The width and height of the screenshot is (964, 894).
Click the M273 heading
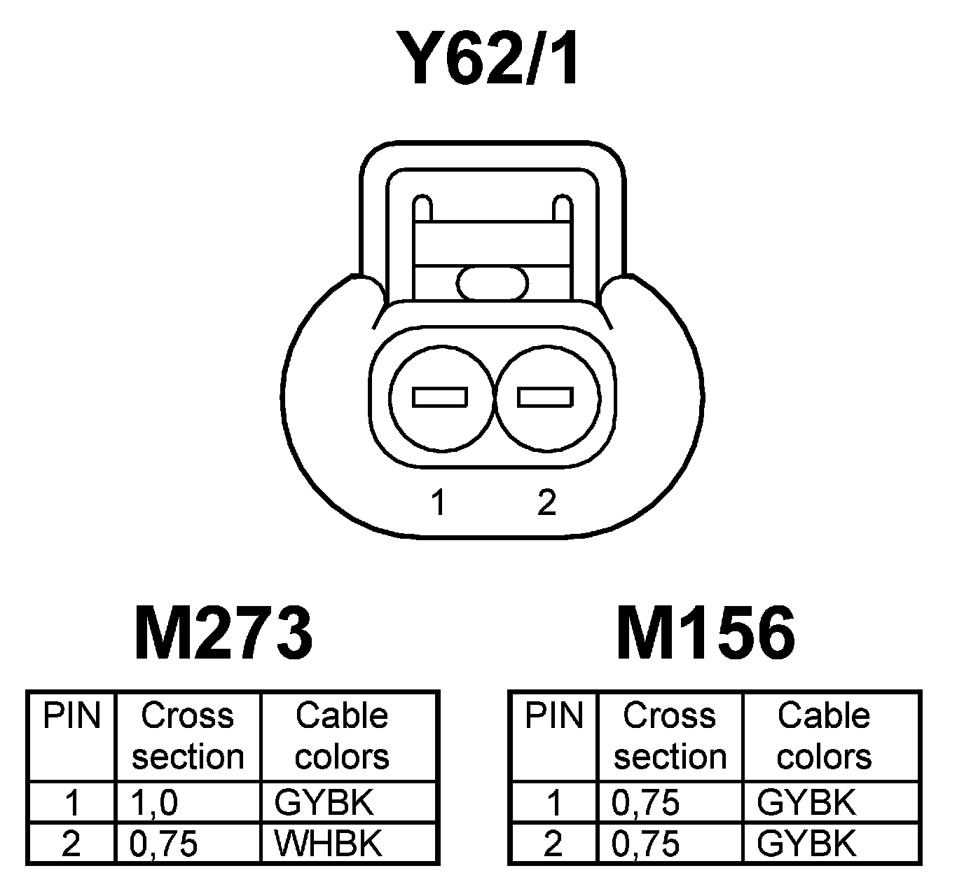pos(223,634)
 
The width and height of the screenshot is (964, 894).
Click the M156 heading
pos(705,634)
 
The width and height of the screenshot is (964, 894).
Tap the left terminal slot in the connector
pos(440,397)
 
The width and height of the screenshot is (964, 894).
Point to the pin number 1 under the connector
pos(439,502)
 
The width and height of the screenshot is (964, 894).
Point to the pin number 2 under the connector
pos(546,502)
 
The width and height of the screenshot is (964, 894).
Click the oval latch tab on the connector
pos(492,284)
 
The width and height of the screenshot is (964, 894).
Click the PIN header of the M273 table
pos(71,716)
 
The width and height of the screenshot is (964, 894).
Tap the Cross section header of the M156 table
pos(670,736)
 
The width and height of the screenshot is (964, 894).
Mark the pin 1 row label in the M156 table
pos(553,802)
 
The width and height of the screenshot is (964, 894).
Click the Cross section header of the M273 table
pos(188,736)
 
